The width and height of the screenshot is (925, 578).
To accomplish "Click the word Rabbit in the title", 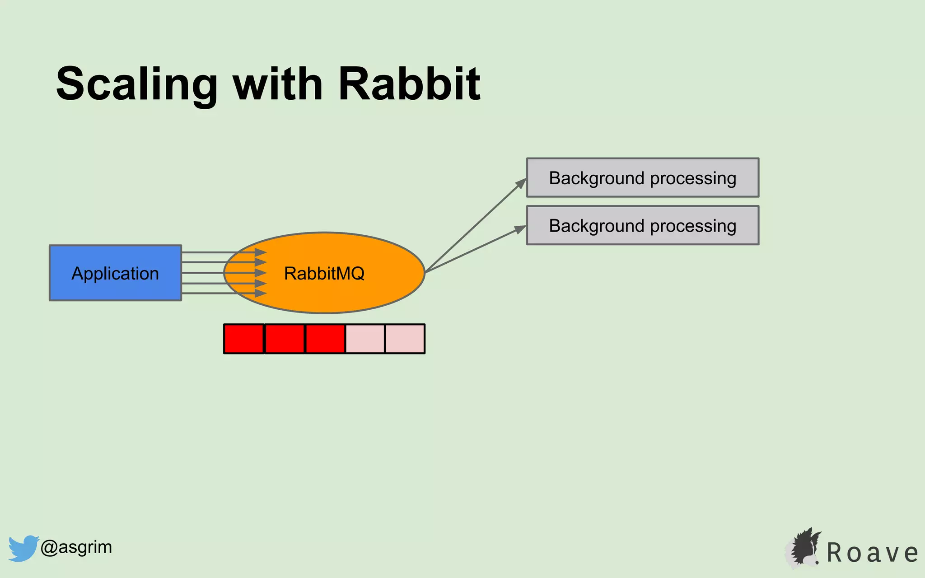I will click(x=409, y=84).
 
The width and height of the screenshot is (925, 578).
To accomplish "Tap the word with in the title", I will click(x=277, y=84).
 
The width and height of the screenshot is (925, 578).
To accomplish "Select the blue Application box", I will click(x=115, y=273).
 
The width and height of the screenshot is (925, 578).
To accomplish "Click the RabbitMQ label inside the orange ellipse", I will click(x=324, y=273).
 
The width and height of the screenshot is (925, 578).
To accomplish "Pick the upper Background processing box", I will click(x=642, y=178).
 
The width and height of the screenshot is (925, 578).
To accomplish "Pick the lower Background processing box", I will click(x=642, y=225).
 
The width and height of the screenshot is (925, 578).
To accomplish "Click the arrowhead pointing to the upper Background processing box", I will click(x=521, y=183).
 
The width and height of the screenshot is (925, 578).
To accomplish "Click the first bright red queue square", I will click(x=244, y=339).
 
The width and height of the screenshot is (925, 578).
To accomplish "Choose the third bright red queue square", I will click(x=325, y=339).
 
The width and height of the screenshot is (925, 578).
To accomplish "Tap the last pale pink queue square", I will click(x=405, y=339).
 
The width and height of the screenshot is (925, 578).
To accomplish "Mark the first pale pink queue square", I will click(x=365, y=339).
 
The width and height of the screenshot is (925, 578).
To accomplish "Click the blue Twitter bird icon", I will click(x=23, y=548).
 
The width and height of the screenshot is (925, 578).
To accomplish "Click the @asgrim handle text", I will click(x=76, y=547).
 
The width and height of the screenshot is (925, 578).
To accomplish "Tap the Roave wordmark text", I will click(x=872, y=553).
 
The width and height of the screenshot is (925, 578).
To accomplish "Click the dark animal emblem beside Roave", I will click(x=804, y=547).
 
